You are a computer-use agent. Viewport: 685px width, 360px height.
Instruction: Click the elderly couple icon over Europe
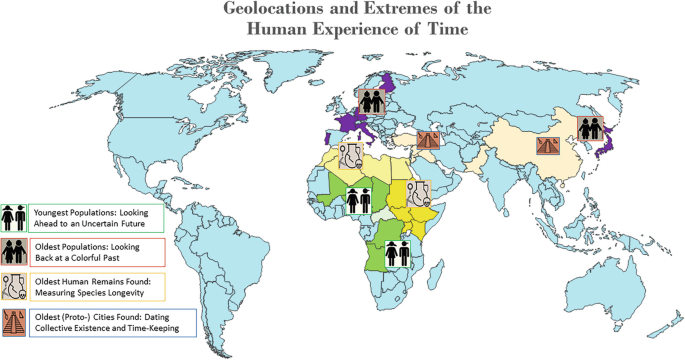(x=371, y=101)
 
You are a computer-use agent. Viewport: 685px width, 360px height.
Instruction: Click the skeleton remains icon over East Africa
(x=419, y=194)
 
